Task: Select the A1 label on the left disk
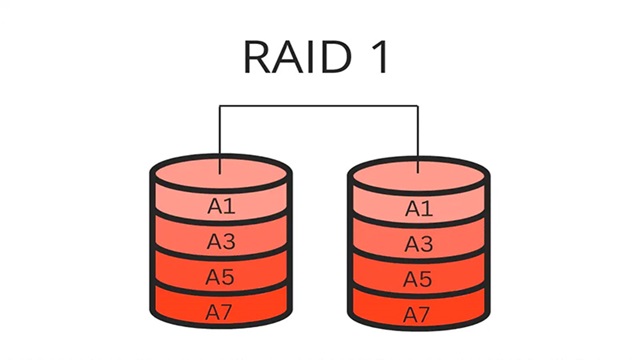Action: click(x=221, y=207)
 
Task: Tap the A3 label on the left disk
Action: click(x=221, y=242)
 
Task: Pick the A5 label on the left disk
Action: click(x=221, y=277)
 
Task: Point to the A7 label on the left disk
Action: click(x=221, y=312)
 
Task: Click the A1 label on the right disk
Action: click(x=419, y=208)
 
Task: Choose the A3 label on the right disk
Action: click(x=419, y=243)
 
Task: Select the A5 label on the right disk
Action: click(x=419, y=278)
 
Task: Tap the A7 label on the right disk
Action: click(x=419, y=313)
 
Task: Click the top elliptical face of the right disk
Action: click(x=419, y=171)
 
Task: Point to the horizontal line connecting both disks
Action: click(x=320, y=104)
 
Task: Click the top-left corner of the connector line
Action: click(x=221, y=104)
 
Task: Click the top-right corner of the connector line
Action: click(x=419, y=104)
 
